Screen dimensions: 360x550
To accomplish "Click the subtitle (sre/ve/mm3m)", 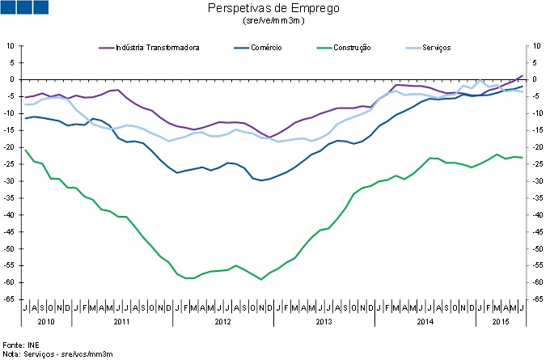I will (273, 20).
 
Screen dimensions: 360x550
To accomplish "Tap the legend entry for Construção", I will (349, 48).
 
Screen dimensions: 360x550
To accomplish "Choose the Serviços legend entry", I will (436, 48).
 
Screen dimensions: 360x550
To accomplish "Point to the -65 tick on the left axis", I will (12, 299).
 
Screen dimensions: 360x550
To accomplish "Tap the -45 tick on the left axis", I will (12, 232).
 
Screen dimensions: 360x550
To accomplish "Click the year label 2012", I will (223, 321).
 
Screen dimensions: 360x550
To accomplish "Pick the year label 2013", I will (324, 321).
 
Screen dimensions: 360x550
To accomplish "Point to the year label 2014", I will (425, 321).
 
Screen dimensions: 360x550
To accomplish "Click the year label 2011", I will (122, 321).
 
